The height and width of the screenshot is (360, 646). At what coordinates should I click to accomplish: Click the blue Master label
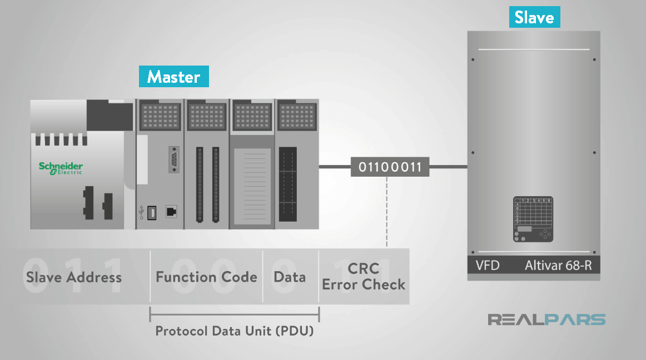click(x=173, y=77)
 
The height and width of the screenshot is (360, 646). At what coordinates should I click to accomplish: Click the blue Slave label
click(x=534, y=17)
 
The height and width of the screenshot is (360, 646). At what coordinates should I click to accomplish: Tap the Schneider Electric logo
click(x=61, y=168)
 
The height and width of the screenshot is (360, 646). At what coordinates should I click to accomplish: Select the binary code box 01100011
click(x=390, y=167)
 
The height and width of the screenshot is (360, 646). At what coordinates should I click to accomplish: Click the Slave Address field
click(x=74, y=277)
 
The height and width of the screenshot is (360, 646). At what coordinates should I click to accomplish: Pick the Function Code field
click(x=206, y=277)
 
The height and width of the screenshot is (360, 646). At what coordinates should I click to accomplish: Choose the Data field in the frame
click(x=290, y=277)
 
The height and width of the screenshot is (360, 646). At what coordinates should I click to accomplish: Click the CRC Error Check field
click(x=364, y=277)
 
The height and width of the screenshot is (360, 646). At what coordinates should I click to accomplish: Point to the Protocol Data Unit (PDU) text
click(x=234, y=332)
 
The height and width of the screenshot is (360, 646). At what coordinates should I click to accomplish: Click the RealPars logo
click(x=546, y=319)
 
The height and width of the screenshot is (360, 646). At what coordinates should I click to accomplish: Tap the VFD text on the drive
click(x=488, y=266)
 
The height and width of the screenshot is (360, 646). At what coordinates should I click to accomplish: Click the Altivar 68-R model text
click(x=558, y=266)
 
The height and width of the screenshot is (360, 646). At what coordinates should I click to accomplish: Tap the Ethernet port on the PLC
click(x=171, y=212)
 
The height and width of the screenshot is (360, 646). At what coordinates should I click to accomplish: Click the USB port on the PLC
click(x=152, y=212)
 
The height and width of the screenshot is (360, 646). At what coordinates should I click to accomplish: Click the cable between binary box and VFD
click(x=448, y=166)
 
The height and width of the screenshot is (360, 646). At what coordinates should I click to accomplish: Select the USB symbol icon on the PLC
click(x=141, y=212)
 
